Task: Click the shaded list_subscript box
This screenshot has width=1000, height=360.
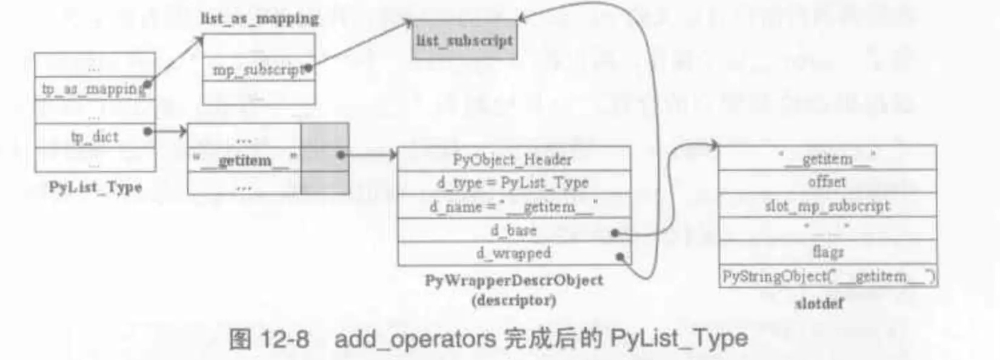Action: pos(464,41)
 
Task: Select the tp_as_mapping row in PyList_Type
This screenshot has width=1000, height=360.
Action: pos(94,89)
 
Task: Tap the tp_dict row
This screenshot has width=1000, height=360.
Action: pos(95,137)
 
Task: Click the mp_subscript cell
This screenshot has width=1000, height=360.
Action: pos(258,70)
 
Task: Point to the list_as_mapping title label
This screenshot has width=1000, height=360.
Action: pos(259,19)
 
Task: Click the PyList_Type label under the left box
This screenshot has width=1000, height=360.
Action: pos(95,187)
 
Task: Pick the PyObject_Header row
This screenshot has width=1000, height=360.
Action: pos(513,159)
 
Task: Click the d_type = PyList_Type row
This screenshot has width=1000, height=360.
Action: pos(513,182)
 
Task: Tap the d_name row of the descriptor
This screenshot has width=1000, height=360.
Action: pos(513,207)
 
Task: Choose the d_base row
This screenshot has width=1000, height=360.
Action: pos(513,230)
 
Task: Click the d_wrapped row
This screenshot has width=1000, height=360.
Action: pos(513,253)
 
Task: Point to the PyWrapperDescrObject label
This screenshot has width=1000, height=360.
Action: pos(513,280)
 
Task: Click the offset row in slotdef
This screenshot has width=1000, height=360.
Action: pos(827,182)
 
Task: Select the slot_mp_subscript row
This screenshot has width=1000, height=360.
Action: pos(827,206)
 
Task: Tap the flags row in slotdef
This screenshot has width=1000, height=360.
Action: pos(827,251)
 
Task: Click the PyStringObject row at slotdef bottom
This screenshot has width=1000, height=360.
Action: pos(828,276)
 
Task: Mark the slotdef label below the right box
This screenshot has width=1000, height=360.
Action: pos(819,304)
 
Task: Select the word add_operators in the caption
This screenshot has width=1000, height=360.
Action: pos(415,338)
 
